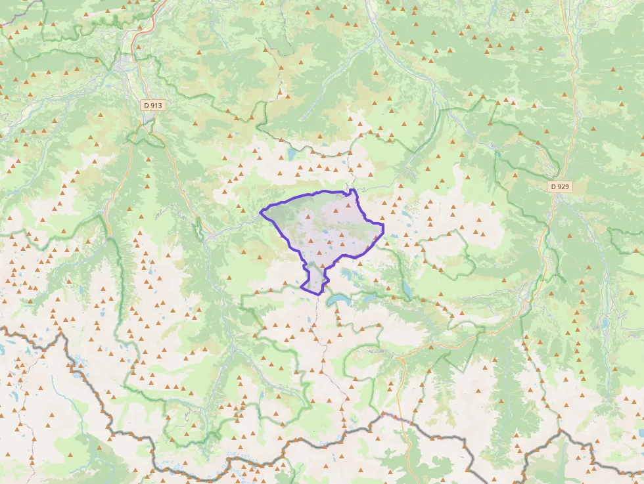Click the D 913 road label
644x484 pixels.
(153, 105)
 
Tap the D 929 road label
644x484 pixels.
(560, 187)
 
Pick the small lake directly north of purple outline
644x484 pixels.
(290, 154)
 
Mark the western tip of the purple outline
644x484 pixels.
(261, 211)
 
